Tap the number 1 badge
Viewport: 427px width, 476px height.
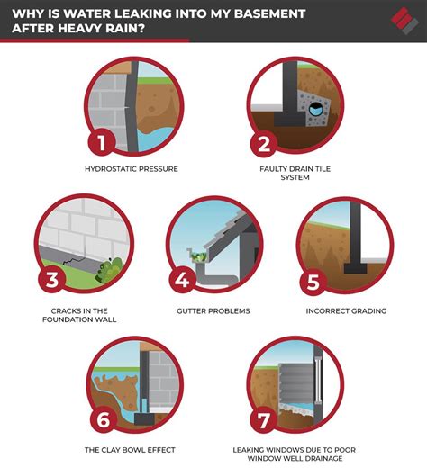pyautogui.click(x=101, y=143)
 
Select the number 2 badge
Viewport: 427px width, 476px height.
pyautogui.click(x=263, y=143)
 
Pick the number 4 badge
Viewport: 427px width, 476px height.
pyautogui.click(x=182, y=281)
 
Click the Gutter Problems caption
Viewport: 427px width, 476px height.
pyautogui.click(x=213, y=310)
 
